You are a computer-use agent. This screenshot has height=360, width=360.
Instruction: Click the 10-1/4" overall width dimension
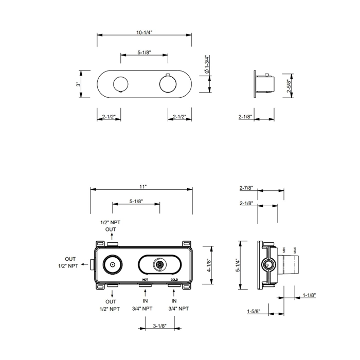coord(145,32)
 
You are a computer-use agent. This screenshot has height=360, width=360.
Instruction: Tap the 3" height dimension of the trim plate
coord(78,83)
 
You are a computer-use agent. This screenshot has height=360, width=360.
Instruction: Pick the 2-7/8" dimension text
coord(246,188)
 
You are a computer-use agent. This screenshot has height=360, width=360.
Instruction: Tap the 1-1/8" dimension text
coord(309,295)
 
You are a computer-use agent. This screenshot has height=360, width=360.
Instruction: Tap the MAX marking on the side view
coord(295,252)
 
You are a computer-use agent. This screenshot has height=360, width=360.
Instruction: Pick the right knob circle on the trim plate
coord(168,83)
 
